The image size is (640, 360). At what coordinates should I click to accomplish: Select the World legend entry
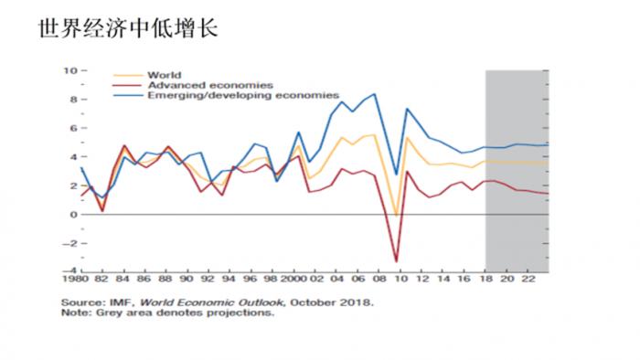click(164, 75)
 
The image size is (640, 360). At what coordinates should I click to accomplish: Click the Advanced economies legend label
click(197, 85)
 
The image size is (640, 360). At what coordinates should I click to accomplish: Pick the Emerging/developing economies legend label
click(243, 95)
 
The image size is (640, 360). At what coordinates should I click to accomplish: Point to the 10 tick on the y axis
click(69, 70)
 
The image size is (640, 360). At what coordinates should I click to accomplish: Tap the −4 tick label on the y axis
click(69, 271)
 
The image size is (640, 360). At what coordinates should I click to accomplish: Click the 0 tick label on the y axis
click(72, 214)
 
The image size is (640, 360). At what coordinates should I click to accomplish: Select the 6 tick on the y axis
click(72, 128)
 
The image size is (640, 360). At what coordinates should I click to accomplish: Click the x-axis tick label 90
click(186, 278)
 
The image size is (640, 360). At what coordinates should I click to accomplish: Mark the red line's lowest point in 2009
click(397, 262)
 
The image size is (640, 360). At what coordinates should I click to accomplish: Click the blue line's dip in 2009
click(397, 175)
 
